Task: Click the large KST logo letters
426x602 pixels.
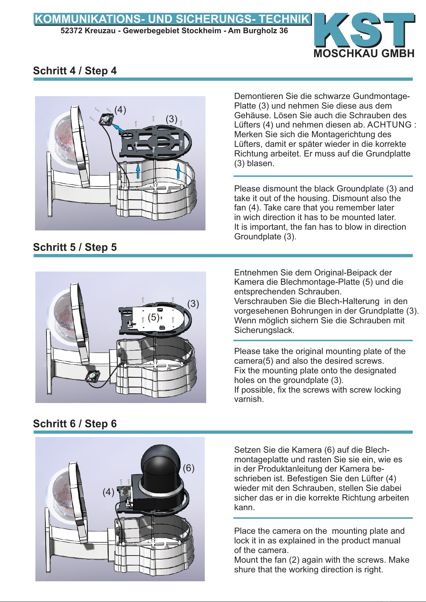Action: (x=365, y=30)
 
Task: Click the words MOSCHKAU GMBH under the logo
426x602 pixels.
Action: (x=364, y=54)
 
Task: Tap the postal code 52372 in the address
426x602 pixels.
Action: (x=71, y=31)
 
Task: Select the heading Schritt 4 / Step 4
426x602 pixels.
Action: (x=75, y=71)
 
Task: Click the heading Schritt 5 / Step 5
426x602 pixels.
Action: (x=75, y=247)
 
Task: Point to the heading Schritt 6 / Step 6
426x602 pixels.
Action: (x=75, y=424)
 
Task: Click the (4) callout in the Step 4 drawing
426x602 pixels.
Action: (x=120, y=110)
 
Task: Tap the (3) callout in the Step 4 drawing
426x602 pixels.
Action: (x=172, y=119)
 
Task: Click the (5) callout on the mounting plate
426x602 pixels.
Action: (x=153, y=317)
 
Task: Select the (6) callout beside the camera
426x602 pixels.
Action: (x=188, y=468)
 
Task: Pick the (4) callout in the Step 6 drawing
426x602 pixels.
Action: (x=108, y=492)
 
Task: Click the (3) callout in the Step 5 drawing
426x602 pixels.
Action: (x=193, y=304)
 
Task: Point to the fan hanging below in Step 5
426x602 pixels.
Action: (x=92, y=376)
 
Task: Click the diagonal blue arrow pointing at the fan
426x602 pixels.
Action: (x=118, y=128)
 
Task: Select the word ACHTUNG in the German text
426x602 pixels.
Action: (x=389, y=125)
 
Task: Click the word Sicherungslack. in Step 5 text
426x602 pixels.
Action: (x=264, y=330)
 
